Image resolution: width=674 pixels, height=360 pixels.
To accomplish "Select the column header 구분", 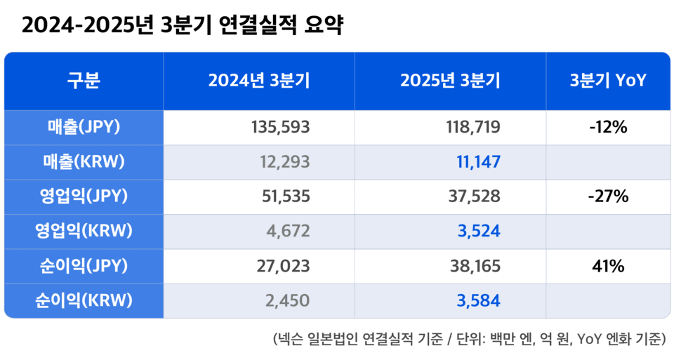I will pyautogui.click(x=84, y=81).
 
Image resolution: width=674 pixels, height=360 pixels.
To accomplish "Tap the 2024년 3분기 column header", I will pyautogui.click(x=258, y=81).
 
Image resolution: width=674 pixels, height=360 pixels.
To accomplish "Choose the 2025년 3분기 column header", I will pyautogui.click(x=450, y=81).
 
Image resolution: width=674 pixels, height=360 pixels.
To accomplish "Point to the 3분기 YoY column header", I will pyautogui.click(x=608, y=81).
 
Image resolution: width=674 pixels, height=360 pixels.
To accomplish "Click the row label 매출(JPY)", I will pyautogui.click(x=84, y=127).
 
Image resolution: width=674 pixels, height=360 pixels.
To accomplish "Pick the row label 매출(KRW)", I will pyautogui.click(x=84, y=162).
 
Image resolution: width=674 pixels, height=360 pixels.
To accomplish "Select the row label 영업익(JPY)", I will pyautogui.click(x=84, y=196).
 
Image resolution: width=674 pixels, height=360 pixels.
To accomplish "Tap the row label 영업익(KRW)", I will pyautogui.click(x=84, y=231).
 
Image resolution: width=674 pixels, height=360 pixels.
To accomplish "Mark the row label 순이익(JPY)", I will pyautogui.click(x=84, y=266).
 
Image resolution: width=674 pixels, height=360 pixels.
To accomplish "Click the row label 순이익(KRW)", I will pyautogui.click(x=84, y=300).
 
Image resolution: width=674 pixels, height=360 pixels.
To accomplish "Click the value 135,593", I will pyautogui.click(x=280, y=128).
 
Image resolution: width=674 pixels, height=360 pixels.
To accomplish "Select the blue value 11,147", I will pyautogui.click(x=477, y=163).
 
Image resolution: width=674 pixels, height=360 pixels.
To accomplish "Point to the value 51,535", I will pyautogui.click(x=284, y=197).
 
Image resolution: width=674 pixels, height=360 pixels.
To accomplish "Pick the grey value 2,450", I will pyautogui.click(x=288, y=301).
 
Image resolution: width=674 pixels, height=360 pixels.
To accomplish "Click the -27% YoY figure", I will pyautogui.click(x=608, y=197).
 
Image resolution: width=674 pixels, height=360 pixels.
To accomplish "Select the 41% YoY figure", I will pyautogui.click(x=608, y=267).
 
